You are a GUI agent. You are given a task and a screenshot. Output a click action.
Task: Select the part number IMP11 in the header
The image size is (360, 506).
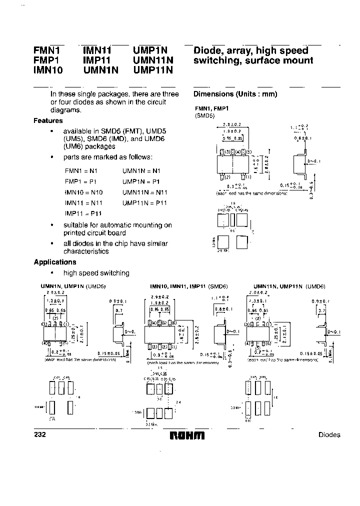(x=96, y=60)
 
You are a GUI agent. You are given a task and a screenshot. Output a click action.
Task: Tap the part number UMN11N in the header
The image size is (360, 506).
(x=153, y=60)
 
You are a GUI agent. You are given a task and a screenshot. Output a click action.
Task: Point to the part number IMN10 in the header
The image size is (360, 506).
(x=48, y=70)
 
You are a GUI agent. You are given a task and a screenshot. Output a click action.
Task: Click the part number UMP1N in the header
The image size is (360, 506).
(x=150, y=50)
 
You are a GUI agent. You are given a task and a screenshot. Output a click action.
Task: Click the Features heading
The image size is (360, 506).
(x=48, y=120)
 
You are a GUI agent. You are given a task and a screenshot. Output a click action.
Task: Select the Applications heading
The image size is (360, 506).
(x=54, y=262)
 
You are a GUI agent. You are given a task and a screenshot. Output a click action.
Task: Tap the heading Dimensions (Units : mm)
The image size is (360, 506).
(x=235, y=94)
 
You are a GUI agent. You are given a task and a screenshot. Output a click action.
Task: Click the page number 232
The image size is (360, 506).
(x=40, y=434)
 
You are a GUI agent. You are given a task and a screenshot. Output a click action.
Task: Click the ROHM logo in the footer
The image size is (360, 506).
(x=187, y=435)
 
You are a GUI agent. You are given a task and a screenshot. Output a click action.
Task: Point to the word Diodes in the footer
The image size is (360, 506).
(x=329, y=435)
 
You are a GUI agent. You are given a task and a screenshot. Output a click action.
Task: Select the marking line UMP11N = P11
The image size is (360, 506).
(x=145, y=202)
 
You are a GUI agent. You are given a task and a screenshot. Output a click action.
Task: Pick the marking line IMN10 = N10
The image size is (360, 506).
(x=83, y=192)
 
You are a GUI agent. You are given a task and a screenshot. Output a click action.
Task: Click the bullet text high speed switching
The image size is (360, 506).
(x=96, y=273)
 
